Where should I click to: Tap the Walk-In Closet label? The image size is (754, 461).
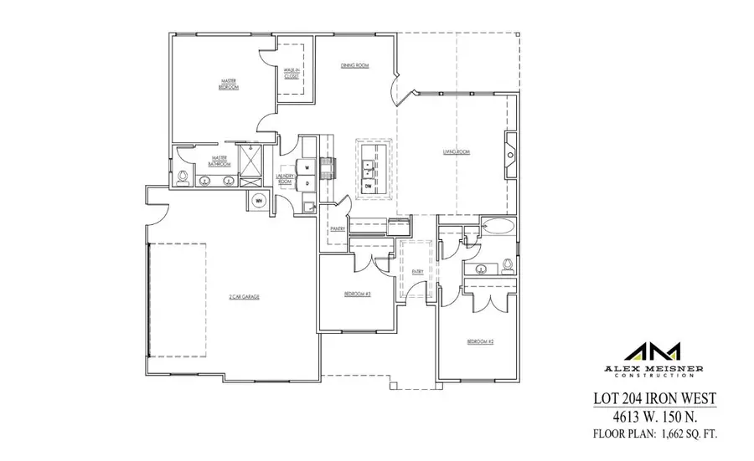pyautogui.click(x=292, y=73)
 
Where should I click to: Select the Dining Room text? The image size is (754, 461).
pyautogui.click(x=355, y=64)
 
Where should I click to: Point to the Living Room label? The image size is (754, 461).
pyautogui.click(x=456, y=152)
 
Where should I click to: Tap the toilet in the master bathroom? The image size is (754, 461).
pyautogui.click(x=182, y=177)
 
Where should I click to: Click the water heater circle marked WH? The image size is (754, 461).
pyautogui.click(x=259, y=201)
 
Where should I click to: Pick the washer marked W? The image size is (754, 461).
pyautogui.click(x=307, y=168)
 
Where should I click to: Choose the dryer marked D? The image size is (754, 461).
pyautogui.click(x=307, y=183)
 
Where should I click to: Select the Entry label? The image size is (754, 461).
pyautogui.click(x=417, y=272)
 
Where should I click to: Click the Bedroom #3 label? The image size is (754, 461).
pyautogui.click(x=357, y=295)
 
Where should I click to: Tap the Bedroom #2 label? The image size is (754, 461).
pyautogui.click(x=481, y=341)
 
